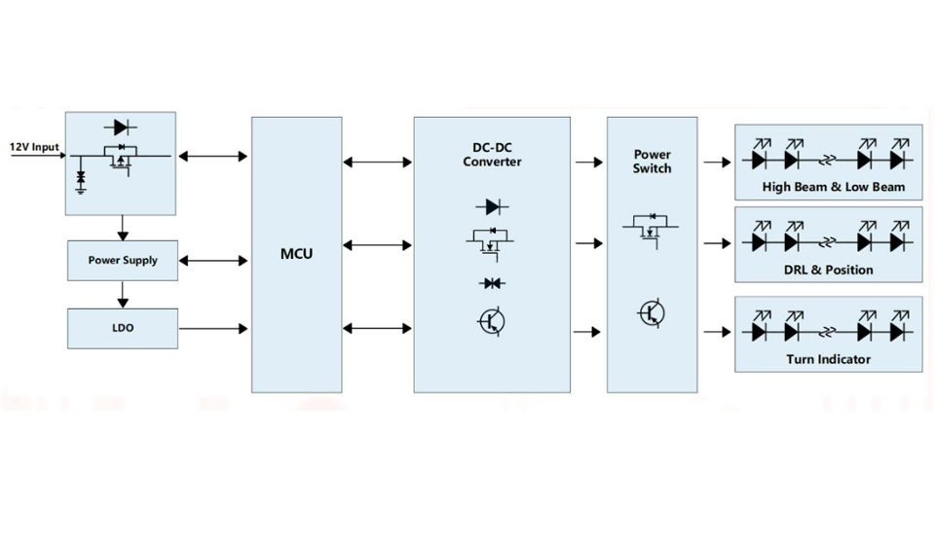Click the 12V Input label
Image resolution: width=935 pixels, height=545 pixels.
[34, 147]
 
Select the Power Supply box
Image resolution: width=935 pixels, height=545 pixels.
[123, 261]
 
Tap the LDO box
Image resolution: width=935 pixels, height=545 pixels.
[123, 329]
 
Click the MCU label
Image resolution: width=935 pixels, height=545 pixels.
[296, 255]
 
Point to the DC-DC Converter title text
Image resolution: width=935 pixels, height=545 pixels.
[492, 155]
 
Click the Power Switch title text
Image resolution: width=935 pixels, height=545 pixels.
[652, 161]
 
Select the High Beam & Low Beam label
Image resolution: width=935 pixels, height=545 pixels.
[834, 187]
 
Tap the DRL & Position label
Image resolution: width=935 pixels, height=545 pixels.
[830, 270]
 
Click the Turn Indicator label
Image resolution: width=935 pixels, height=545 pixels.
[829, 359]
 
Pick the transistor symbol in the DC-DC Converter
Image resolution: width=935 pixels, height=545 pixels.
[492, 320]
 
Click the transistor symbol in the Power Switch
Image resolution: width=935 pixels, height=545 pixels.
[652, 313]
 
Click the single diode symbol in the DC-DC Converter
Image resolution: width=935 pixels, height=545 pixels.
[492, 206]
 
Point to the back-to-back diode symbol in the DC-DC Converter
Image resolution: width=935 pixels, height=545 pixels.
[492, 283]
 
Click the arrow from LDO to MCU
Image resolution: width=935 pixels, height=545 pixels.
[213, 329]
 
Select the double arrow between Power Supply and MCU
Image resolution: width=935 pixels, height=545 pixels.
[214, 261]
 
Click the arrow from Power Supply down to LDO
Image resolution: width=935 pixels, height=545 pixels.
[123, 294]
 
